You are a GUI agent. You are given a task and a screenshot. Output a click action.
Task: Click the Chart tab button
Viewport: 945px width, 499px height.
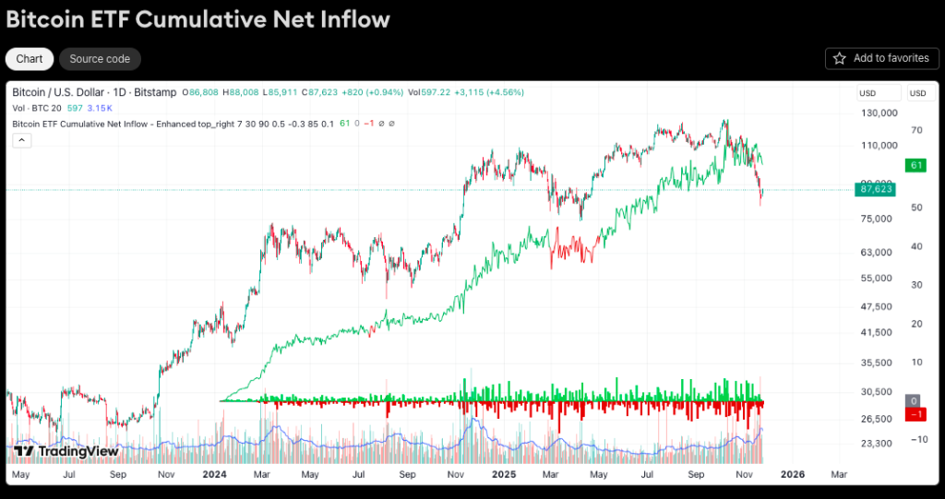tap(30, 59)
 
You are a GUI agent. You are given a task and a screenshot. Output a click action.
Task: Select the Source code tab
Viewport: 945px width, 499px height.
tap(100, 59)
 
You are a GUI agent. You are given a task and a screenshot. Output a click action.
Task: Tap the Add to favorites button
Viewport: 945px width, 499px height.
tap(881, 58)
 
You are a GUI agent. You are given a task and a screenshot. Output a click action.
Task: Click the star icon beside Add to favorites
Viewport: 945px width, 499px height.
tap(840, 58)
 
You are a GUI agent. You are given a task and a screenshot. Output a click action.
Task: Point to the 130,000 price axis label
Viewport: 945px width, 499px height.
tap(878, 113)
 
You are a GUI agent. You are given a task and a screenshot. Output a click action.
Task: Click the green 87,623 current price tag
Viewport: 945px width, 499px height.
tap(876, 188)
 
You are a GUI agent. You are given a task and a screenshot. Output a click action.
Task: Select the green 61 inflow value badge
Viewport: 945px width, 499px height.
tap(916, 165)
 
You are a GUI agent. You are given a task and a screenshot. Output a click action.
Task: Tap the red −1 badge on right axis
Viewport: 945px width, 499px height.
tap(916, 414)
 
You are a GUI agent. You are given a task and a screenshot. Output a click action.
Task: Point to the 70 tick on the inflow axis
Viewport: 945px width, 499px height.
tap(916, 130)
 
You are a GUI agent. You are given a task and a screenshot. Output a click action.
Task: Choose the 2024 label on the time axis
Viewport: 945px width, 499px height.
tap(214, 474)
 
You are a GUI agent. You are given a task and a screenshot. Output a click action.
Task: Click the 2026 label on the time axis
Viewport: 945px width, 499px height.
tap(792, 474)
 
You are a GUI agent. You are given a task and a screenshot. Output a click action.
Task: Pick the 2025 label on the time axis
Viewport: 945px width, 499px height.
tap(503, 474)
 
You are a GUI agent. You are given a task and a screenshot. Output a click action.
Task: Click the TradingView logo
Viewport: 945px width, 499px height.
tap(66, 451)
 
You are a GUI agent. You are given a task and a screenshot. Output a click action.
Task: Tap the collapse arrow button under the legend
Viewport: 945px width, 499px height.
tap(22, 140)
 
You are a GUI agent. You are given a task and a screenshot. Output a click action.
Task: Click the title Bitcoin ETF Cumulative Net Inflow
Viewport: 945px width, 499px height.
tap(197, 19)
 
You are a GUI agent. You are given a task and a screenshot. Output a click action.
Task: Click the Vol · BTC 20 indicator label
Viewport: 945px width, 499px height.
tap(37, 108)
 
